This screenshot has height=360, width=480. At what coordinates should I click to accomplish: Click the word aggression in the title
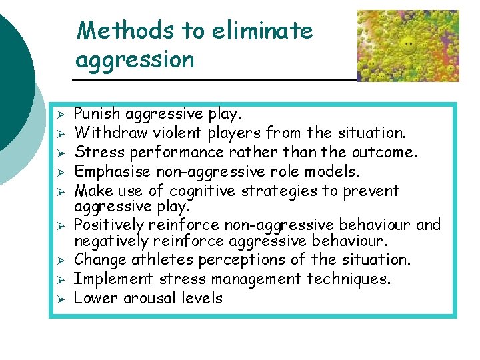135,60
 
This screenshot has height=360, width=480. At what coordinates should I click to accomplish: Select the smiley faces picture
408,45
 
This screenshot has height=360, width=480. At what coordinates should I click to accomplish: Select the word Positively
109,225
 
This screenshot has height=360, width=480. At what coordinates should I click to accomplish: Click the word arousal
153,297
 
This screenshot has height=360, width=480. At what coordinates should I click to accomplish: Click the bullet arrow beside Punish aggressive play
59,114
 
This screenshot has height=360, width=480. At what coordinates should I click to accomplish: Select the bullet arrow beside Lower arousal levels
59,298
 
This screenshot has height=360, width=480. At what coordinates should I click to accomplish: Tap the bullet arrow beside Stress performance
59,153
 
